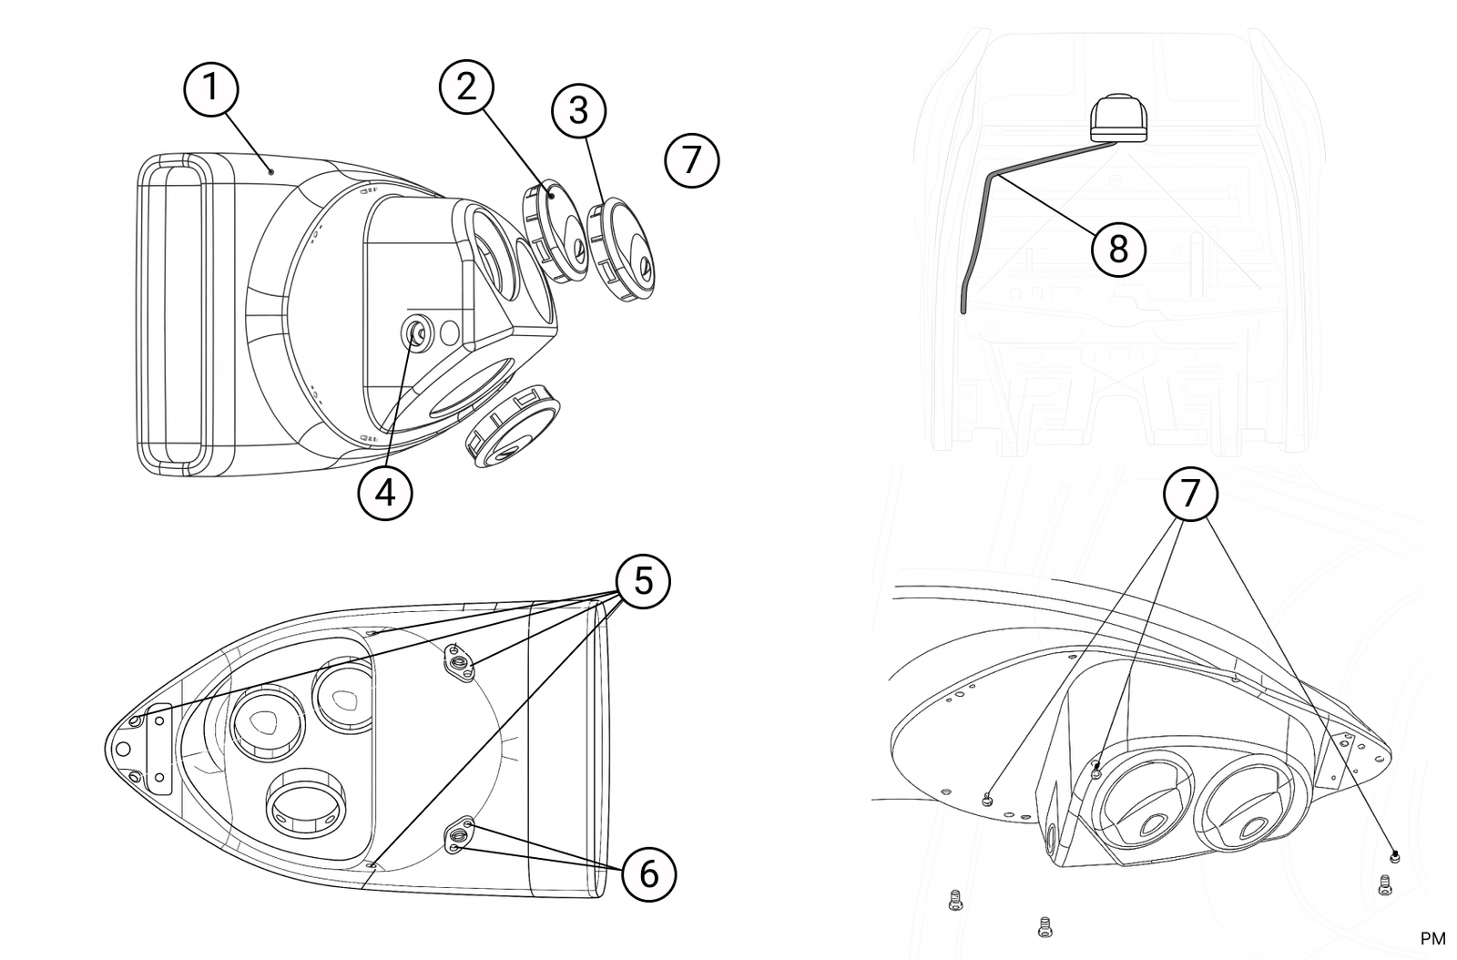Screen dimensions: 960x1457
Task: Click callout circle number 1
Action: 211,87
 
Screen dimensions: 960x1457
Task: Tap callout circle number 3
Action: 579,110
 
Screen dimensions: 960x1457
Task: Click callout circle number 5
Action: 643,581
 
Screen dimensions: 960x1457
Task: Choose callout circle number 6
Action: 648,874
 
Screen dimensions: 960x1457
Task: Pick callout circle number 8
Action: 1118,248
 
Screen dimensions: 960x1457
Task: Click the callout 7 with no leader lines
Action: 692,160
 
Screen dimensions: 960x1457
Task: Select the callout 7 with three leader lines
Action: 1189,493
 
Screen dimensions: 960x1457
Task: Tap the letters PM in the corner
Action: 1432,938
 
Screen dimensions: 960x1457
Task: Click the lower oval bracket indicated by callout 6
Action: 458,835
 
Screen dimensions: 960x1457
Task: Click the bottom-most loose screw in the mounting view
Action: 1044,926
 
